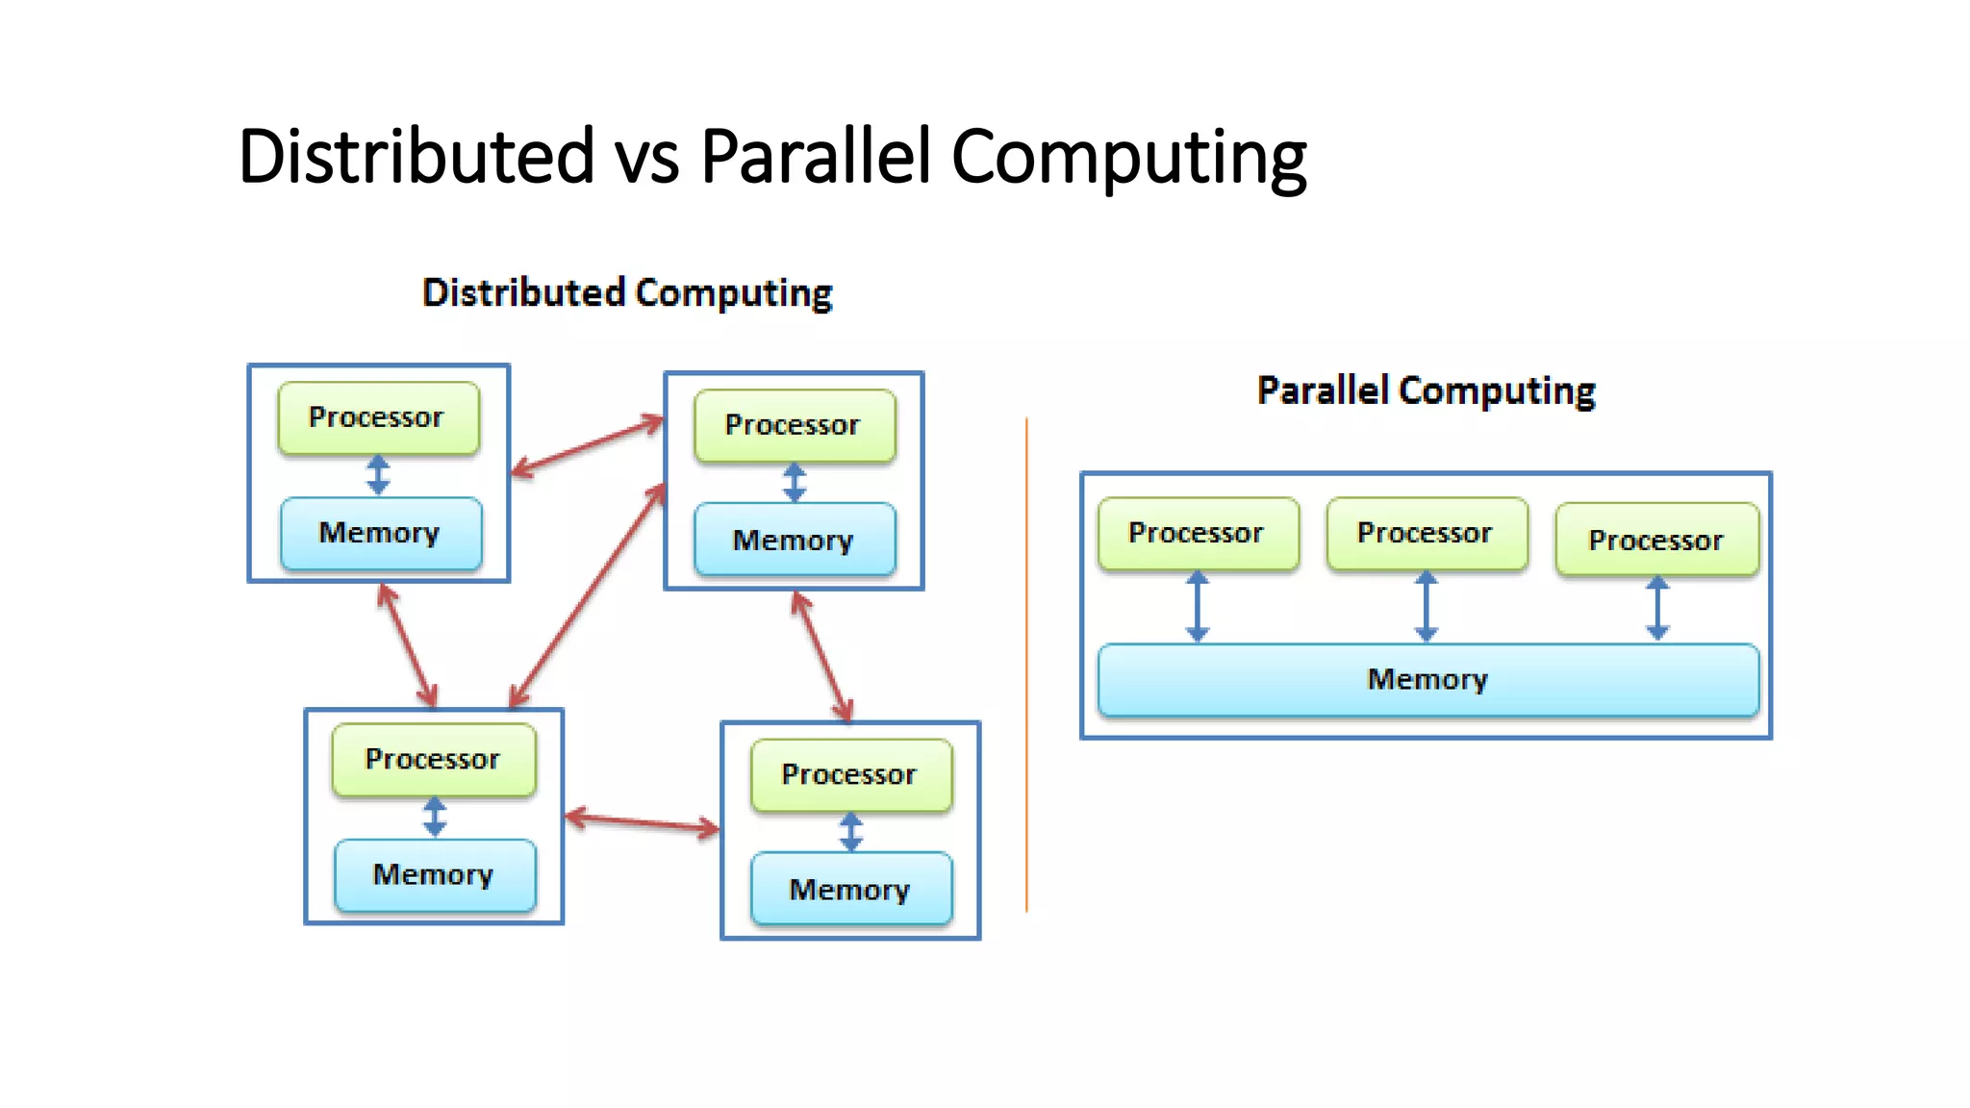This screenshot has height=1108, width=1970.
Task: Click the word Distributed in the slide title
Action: pyautogui.click(x=416, y=156)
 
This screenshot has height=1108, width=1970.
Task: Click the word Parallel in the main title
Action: pyautogui.click(x=816, y=156)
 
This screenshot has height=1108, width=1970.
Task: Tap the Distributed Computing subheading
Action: pyautogui.click(x=627, y=292)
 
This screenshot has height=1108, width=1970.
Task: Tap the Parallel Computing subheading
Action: pyautogui.click(x=1426, y=390)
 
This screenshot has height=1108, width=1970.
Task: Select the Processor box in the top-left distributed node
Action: pyautogui.click(x=378, y=417)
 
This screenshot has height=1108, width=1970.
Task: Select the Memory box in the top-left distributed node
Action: pyautogui.click(x=380, y=533)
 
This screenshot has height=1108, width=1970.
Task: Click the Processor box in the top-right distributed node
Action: pyautogui.click(x=794, y=425)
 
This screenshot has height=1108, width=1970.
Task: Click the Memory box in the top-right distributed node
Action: pyautogui.click(x=794, y=540)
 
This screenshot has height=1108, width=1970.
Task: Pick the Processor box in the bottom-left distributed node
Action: pyautogui.click(x=433, y=759)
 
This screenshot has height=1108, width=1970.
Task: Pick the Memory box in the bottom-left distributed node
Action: pyautogui.click(x=434, y=874)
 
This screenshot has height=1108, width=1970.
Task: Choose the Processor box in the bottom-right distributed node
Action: pyautogui.click(x=850, y=774)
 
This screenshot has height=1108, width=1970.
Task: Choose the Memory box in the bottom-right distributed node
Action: pyautogui.click(x=850, y=890)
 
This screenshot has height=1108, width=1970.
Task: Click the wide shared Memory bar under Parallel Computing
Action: pyautogui.click(x=1427, y=680)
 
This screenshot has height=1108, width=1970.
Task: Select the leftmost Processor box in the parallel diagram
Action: pyautogui.click(x=1197, y=533)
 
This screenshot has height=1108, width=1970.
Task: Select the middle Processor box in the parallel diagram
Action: pyautogui.click(x=1426, y=533)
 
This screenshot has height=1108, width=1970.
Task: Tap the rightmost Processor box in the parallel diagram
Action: pyautogui.click(x=1656, y=540)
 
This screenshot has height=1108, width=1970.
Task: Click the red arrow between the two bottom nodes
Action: pyautogui.click(x=642, y=822)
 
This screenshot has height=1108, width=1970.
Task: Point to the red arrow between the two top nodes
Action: pyautogui.click(x=588, y=445)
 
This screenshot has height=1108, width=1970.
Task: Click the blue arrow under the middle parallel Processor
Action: pyautogui.click(x=1426, y=607)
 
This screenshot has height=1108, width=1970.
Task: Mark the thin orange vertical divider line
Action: pyautogui.click(x=1026, y=664)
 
